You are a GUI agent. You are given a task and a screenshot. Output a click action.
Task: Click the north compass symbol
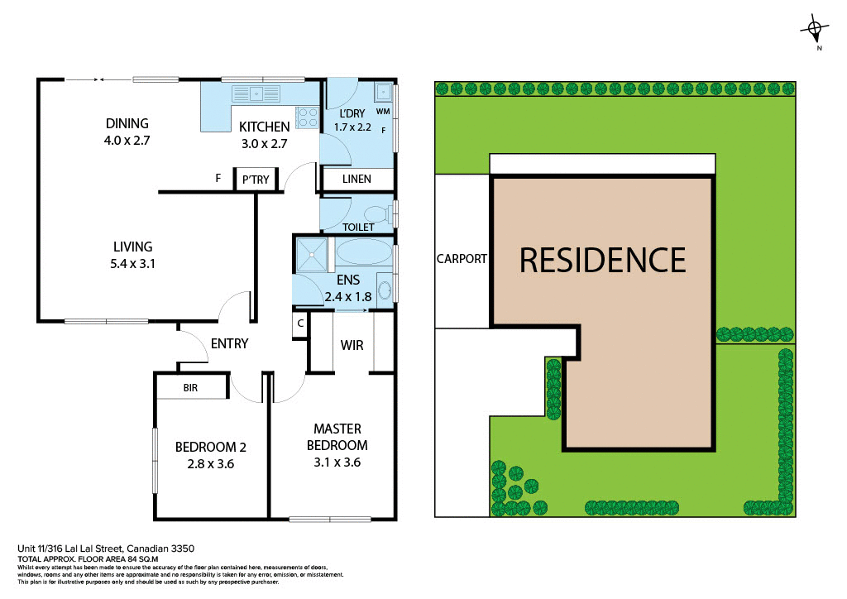click(x=816, y=31)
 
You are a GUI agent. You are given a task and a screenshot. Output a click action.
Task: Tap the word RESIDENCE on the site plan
click(x=602, y=260)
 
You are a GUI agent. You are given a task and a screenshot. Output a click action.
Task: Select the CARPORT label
click(x=461, y=259)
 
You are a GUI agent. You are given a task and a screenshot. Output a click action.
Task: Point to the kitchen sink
click(x=256, y=93)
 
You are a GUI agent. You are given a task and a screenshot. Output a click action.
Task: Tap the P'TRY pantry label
click(x=251, y=180)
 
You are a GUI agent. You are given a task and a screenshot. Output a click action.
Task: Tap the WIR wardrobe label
click(x=352, y=344)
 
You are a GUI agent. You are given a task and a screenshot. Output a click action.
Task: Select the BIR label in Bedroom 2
click(x=191, y=387)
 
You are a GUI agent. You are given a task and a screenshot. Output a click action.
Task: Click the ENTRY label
click(x=229, y=343)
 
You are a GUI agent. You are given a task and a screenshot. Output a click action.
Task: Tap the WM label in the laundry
click(x=382, y=111)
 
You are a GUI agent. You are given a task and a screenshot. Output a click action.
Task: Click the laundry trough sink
click(x=382, y=92)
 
